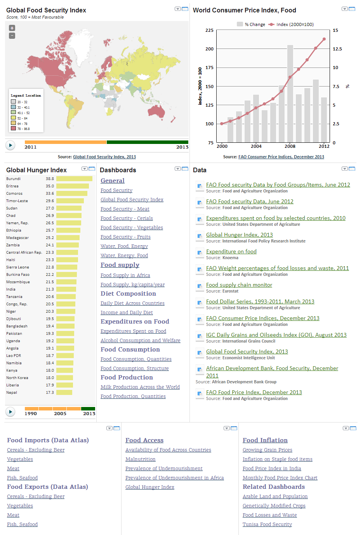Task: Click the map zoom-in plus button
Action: [12, 28]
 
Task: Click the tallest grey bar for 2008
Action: [290, 93]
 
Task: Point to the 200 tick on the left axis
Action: [210, 49]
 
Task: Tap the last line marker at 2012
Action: [324, 39]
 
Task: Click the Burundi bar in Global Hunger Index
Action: [74, 179]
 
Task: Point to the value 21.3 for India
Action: [50, 289]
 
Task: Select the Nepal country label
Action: [12, 393]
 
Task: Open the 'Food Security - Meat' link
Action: [125, 209]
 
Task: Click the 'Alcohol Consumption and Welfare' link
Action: [140, 341]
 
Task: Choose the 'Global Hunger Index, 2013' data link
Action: [239, 235]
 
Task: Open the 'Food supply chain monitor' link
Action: [239, 285]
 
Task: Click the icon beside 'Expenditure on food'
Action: [200, 253]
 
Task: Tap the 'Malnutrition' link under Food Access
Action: [140, 459]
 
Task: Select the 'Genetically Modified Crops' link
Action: [274, 506]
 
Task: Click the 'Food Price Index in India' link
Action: [271, 469]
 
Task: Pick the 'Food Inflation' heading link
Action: [265, 440]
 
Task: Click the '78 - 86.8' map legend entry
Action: [23, 129]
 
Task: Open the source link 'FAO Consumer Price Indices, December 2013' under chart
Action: [281, 157]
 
